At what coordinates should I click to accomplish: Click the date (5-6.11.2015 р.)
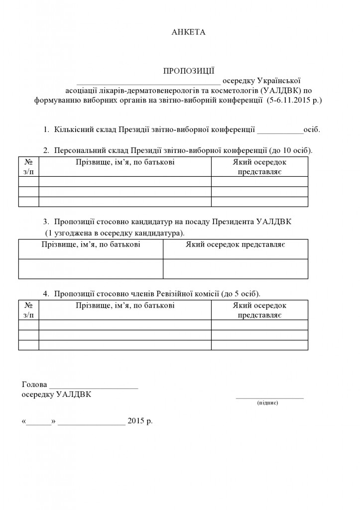(x=294, y=100)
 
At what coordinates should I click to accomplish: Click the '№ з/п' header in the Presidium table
(x=29, y=167)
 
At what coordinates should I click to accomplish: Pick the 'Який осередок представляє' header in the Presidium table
(x=259, y=167)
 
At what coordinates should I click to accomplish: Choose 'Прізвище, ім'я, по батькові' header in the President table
(x=91, y=245)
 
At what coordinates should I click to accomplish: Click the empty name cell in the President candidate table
(x=91, y=268)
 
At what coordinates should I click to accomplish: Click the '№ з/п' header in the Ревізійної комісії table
(x=29, y=310)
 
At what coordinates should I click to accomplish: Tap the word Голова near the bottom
(x=34, y=384)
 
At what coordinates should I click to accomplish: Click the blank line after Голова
(x=94, y=387)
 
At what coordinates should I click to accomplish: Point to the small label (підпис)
(x=267, y=402)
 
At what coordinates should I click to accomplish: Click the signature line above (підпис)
(x=269, y=398)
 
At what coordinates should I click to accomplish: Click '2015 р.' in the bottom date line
(x=140, y=421)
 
